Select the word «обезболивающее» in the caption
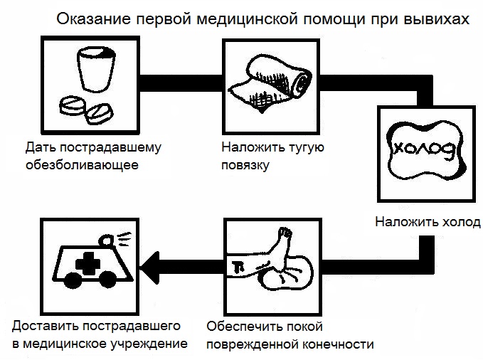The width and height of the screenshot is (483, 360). (81, 166)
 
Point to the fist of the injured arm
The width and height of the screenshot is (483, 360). (286, 234)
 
